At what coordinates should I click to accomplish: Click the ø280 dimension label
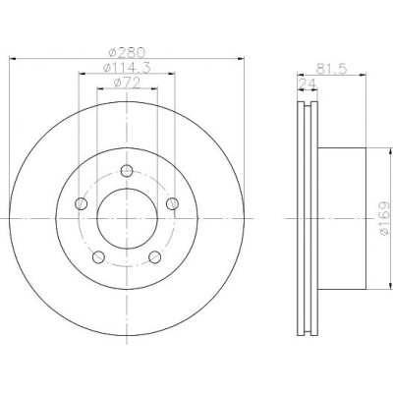coord(126,52)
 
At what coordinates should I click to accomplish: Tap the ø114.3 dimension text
coord(127,68)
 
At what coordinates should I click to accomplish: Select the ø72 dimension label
coord(127,83)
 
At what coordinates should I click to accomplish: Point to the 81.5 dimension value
coord(331,69)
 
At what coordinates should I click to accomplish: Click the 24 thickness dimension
coord(308,84)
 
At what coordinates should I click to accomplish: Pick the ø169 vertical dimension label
coord(385,218)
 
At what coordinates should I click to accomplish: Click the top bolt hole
coord(127,171)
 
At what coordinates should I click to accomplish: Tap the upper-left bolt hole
coord(82,203)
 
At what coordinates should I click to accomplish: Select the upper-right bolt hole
coord(172,203)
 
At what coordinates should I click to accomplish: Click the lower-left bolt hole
coord(98,257)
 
